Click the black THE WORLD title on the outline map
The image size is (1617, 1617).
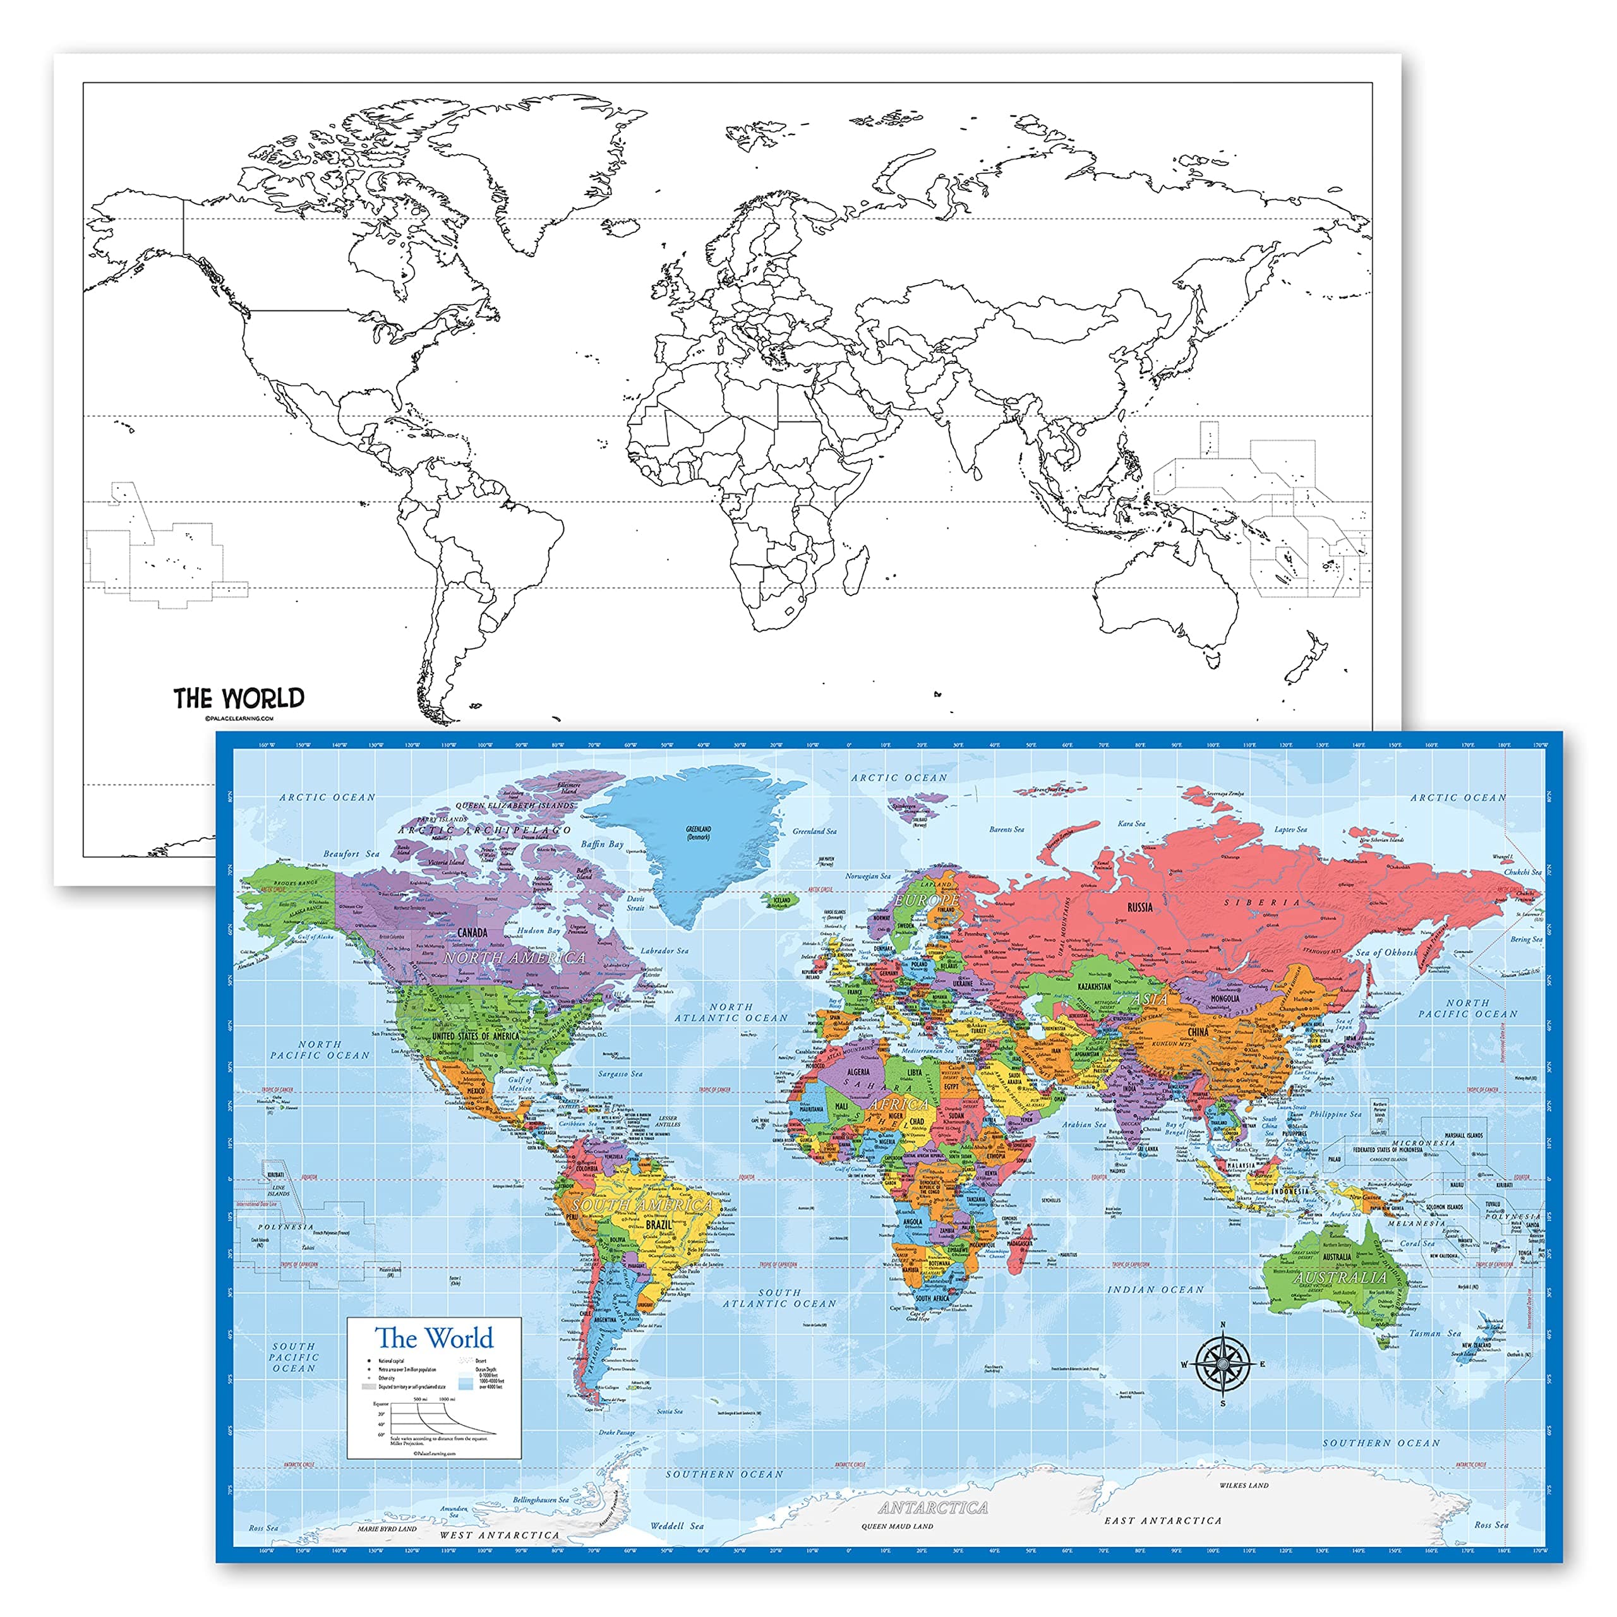pyautogui.click(x=239, y=698)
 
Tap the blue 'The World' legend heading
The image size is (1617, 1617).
pyautogui.click(x=433, y=1337)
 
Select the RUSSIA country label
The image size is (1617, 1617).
pyautogui.click(x=1140, y=907)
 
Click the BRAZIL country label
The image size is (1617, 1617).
pyautogui.click(x=659, y=1225)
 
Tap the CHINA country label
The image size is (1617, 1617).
pyautogui.click(x=1198, y=1032)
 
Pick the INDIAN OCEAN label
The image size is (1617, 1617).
pyautogui.click(x=1156, y=1290)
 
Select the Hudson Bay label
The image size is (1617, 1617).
pyautogui.click(x=538, y=930)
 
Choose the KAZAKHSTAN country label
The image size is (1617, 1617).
pyautogui.click(x=1094, y=987)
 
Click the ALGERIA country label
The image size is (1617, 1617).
pyautogui.click(x=859, y=1071)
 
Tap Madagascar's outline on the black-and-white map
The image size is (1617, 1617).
pyautogui.click(x=855, y=567)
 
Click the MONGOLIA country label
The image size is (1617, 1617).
pyautogui.click(x=1225, y=999)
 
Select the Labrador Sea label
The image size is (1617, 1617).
pyautogui.click(x=664, y=951)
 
